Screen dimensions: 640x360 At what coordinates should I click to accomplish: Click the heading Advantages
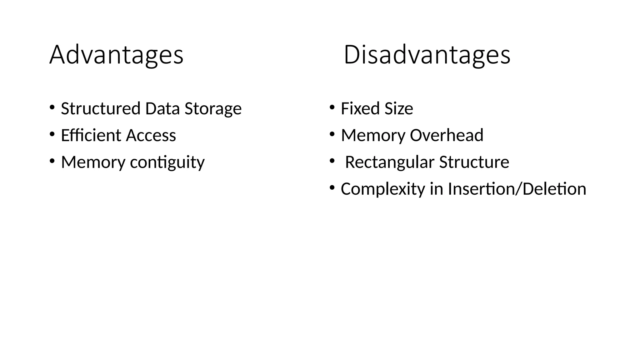tap(116, 55)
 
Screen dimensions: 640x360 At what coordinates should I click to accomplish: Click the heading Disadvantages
tap(427, 55)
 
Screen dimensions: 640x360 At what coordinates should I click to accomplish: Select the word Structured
tap(101, 108)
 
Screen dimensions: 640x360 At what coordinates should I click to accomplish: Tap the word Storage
tap(213, 108)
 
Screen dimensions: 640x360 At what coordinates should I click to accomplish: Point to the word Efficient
tap(91, 135)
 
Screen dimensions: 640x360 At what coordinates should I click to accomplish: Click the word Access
tap(151, 135)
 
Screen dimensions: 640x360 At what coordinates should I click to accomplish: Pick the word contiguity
tap(167, 162)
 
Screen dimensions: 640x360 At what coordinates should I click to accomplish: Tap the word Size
tap(399, 108)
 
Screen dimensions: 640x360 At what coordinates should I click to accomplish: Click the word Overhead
tap(447, 135)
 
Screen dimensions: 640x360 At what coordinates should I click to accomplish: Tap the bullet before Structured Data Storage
tap(52, 107)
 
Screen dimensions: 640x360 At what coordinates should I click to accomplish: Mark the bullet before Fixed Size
tap(332, 107)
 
